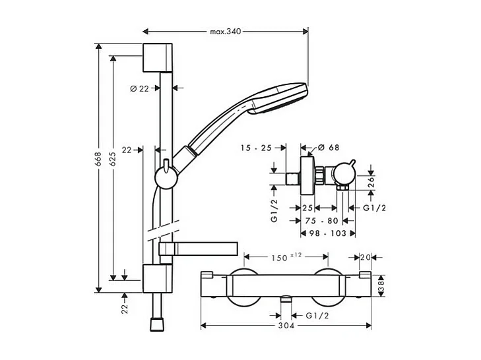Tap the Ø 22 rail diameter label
point(139,88)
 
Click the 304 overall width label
point(286,326)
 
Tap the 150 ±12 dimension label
point(286,256)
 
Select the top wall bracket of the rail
point(158,59)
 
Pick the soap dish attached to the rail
point(198,249)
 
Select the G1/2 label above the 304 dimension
point(317,316)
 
